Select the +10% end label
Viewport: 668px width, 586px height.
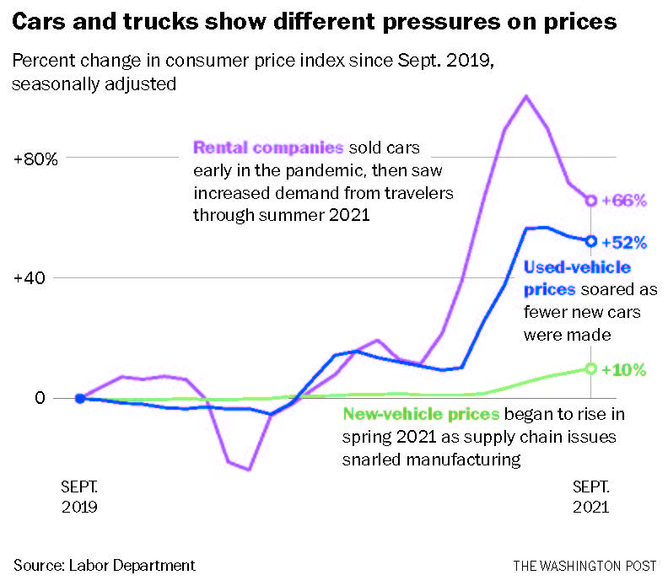pos(625,369)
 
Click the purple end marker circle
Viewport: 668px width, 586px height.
pos(591,201)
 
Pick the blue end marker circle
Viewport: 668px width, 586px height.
pos(591,241)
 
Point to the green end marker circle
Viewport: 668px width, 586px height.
pos(591,368)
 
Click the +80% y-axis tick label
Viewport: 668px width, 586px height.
pos(35,159)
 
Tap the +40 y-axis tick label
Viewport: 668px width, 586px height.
pos(35,278)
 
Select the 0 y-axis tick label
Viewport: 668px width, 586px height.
pos(38,398)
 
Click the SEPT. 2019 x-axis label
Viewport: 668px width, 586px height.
pos(80,497)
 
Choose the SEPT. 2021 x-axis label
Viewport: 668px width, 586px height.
pos(591,497)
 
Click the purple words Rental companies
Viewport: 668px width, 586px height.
pos(268,148)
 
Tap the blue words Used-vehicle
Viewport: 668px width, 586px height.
pos(577,268)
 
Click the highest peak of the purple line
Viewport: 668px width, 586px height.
pos(526,96)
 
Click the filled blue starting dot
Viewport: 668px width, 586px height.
pos(79,398)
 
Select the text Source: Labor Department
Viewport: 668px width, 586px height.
pos(105,565)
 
